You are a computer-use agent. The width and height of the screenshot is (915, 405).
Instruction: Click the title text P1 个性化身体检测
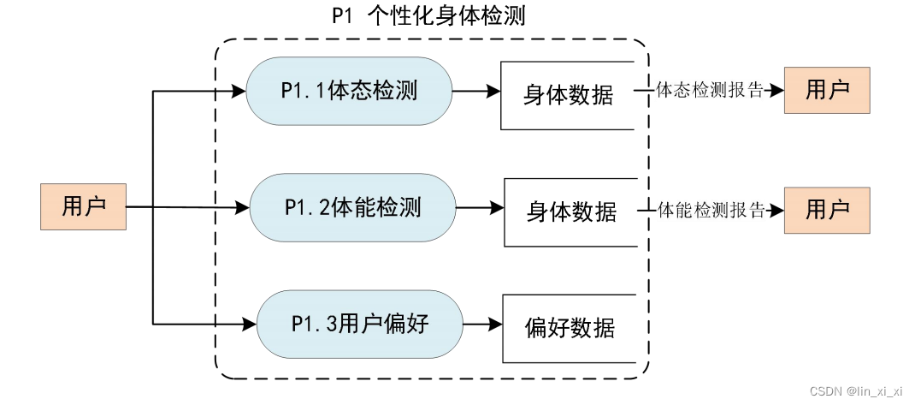click(428, 16)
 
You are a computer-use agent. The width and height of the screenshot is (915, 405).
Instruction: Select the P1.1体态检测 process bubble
click(349, 91)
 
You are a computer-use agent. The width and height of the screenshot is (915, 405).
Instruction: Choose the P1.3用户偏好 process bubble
click(359, 325)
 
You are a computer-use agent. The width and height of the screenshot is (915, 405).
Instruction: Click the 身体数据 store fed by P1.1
click(568, 95)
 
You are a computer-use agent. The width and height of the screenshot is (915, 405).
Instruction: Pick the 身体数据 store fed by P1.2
click(571, 211)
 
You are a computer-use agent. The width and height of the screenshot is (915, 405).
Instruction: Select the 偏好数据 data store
click(570, 328)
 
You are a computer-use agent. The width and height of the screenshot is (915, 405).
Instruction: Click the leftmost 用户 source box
click(83, 206)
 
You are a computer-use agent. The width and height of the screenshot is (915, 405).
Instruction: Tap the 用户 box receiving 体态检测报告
click(827, 90)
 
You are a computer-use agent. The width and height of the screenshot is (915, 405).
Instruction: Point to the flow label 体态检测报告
click(709, 90)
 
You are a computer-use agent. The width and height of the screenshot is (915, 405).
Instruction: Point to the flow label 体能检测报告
click(711, 210)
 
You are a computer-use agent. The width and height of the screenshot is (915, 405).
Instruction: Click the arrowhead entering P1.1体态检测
click(239, 90)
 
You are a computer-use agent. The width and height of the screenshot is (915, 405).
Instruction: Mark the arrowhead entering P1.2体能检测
click(242, 207)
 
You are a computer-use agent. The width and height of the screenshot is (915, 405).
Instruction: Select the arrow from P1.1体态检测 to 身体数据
click(475, 90)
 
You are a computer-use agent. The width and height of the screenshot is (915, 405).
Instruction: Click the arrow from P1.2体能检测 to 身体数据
click(480, 207)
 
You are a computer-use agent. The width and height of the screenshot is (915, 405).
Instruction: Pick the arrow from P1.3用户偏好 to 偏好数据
click(482, 325)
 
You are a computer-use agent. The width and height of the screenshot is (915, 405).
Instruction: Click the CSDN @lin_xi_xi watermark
click(855, 390)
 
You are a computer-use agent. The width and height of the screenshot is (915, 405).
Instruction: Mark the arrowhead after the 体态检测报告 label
click(776, 90)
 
